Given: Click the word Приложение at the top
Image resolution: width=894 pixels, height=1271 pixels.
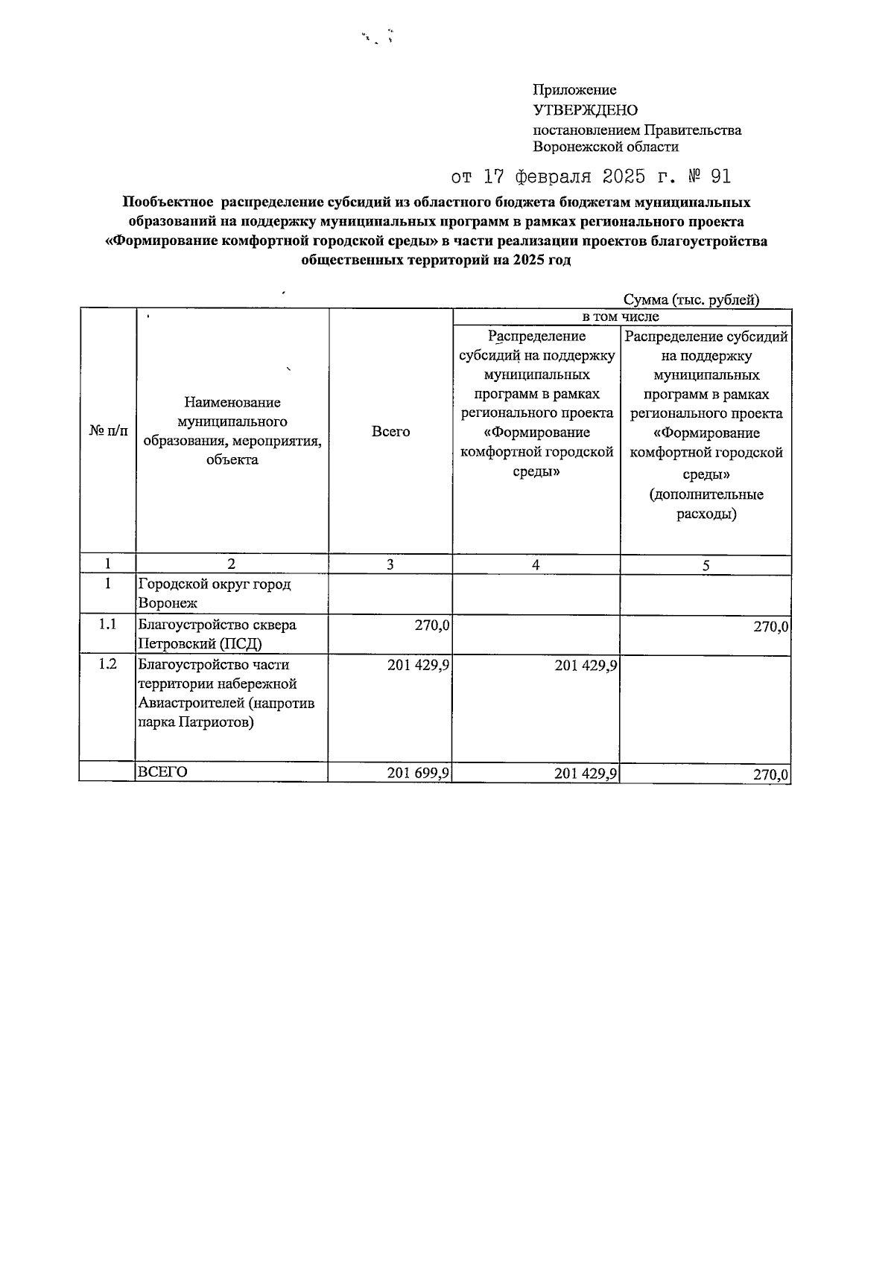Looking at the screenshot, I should (574, 90).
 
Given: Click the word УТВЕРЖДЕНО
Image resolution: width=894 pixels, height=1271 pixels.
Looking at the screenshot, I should (585, 110).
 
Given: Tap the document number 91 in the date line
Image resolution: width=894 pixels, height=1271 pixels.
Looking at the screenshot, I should (720, 176).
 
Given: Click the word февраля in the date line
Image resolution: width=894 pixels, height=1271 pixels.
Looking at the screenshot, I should (556, 176).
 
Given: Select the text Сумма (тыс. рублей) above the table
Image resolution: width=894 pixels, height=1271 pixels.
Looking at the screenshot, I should (691, 300).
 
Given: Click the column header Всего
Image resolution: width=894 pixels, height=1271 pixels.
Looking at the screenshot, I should (390, 432).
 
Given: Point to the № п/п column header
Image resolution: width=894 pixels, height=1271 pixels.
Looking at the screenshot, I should (108, 432).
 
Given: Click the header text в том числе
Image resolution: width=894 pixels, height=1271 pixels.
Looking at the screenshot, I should (621, 317).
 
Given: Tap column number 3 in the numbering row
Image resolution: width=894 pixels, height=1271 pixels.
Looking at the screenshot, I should (390, 565).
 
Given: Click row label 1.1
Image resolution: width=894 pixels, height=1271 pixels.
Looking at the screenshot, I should (108, 625).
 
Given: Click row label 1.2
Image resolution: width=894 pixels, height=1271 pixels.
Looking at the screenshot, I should (108, 665).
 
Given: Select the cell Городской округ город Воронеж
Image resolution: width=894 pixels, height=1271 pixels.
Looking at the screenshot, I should (215, 593).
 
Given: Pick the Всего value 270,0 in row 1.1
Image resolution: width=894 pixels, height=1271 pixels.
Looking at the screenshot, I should (432, 625).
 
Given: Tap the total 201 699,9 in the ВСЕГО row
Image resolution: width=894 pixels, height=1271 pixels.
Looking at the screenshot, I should (418, 774).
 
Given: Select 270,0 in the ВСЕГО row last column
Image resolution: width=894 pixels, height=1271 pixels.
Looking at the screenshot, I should (770, 775).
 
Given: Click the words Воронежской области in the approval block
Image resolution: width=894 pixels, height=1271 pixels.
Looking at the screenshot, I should (606, 147).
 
